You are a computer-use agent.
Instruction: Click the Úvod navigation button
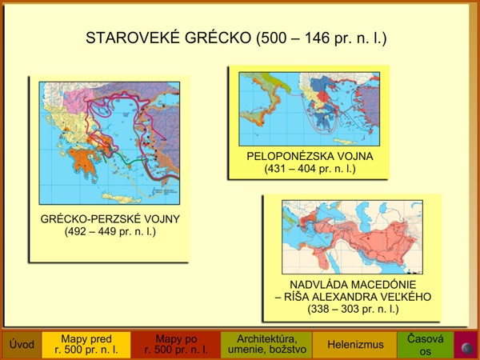22,345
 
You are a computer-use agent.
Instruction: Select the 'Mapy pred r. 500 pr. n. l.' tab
86,345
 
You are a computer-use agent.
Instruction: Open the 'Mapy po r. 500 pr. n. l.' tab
176,345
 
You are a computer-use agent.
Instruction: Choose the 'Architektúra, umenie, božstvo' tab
266,345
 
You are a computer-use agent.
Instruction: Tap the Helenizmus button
355,345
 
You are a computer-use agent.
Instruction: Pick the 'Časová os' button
426,345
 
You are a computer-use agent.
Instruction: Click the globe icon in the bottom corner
467,348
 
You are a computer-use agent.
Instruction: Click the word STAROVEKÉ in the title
132,38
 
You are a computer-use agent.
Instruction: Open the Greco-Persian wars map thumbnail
110,143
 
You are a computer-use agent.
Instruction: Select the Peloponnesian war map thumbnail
309,109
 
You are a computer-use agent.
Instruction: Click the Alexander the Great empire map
352,238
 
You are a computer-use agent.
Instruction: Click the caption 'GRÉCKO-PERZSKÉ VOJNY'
110,219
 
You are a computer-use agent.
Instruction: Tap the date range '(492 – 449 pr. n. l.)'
110,231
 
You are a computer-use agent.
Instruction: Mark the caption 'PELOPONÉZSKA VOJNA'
310,157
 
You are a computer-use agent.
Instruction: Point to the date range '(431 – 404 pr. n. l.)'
310,169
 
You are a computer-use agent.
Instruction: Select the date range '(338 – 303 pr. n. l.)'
353,309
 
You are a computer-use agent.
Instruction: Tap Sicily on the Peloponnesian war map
253,116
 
